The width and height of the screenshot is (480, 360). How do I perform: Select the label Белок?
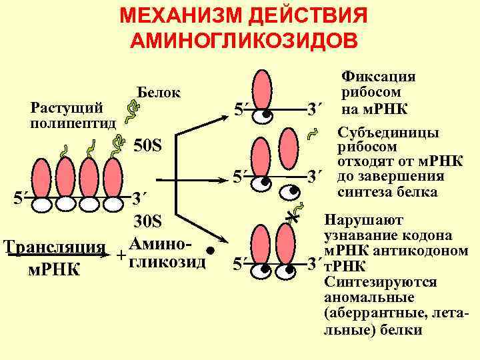pyautogui.click(x=158, y=92)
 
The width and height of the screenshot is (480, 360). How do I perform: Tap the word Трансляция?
pyautogui.click(x=54, y=245)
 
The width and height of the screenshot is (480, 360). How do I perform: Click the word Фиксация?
pyautogui.click(x=379, y=77)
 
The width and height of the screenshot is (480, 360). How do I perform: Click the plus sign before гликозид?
pyautogui.click(x=121, y=256)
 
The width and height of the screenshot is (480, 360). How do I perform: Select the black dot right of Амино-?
pyautogui.click(x=210, y=252)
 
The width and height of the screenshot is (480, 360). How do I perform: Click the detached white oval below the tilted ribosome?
pyautogui.click(x=291, y=191)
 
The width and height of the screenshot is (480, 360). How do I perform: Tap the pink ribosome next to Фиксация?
pyautogui.click(x=265, y=91)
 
